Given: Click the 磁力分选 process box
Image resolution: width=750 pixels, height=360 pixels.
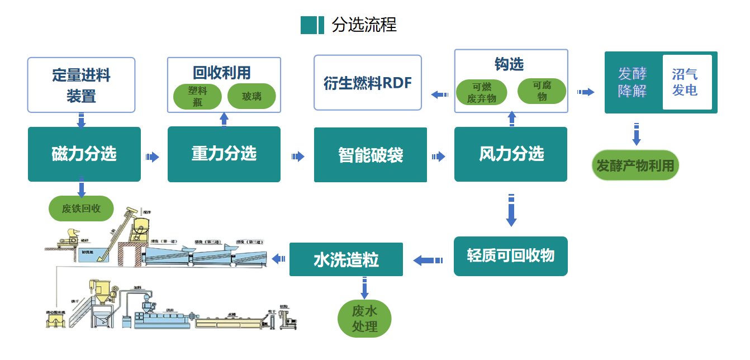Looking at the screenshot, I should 84,154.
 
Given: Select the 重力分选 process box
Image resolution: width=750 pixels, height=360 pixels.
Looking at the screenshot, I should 224,154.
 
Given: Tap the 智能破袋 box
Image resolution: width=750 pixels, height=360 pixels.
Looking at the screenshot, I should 371,155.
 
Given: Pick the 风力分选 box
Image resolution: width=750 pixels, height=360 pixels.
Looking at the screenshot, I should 511,154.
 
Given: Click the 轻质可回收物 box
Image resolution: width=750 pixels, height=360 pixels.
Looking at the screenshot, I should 511,256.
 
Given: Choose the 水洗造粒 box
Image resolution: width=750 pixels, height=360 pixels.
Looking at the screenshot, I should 346,259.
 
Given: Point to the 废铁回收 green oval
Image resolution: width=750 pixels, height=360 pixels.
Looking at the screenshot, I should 82,209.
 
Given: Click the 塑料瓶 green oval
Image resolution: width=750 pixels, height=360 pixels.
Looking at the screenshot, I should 197,96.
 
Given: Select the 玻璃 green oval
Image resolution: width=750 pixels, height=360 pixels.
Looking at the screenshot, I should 251,96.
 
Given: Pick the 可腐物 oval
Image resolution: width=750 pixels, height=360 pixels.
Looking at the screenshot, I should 542,91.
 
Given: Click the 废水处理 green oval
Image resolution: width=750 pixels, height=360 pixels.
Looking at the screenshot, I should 365,319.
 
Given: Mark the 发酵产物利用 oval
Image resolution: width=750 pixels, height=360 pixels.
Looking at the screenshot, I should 635,165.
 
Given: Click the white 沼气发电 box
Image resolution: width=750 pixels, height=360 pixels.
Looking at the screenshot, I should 687,82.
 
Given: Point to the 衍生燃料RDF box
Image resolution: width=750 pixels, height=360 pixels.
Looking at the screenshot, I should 368,83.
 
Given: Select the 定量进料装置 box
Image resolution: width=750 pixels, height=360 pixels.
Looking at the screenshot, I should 82,85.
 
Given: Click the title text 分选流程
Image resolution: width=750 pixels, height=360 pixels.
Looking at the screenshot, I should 364,25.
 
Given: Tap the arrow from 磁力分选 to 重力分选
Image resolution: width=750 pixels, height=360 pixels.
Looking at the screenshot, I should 153,157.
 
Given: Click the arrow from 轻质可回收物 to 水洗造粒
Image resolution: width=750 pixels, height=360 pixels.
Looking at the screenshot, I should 428,260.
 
